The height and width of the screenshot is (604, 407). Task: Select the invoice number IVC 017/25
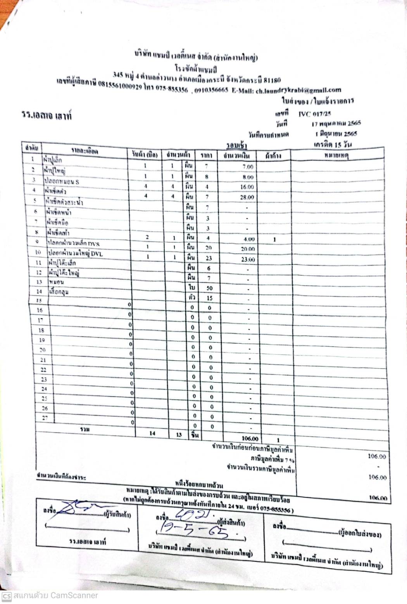pos(314,114)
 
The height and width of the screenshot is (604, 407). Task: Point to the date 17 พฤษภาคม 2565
pos(336,124)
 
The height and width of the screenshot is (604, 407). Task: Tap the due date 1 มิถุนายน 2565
pos(336,134)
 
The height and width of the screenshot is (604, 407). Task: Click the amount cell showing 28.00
pos(247,197)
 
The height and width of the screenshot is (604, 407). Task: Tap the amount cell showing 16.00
pos(247,187)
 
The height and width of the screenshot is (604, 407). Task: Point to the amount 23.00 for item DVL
pos(247,259)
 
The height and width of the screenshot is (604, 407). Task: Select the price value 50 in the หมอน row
pos(209,288)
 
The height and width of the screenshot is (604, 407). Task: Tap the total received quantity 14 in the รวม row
pos(152,433)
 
